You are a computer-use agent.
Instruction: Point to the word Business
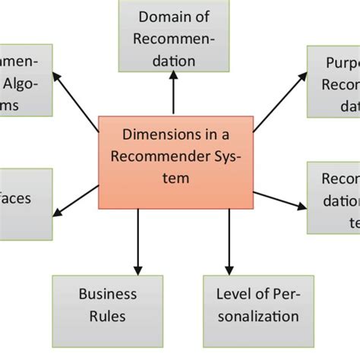(108, 294)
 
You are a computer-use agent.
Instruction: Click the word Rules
(108, 315)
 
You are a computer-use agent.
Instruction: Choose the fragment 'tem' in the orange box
(176, 178)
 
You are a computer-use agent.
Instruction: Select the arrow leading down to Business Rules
(137, 242)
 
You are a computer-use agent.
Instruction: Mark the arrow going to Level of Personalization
(229, 242)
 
